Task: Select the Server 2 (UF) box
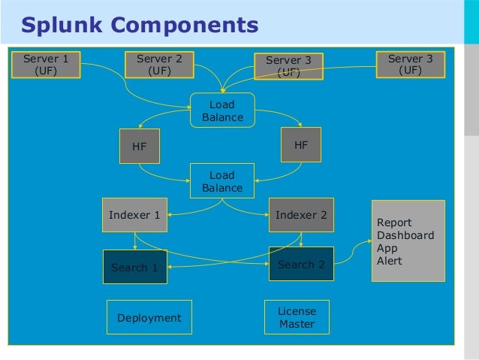pos(159,65)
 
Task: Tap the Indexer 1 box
pos(134,215)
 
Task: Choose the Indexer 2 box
pos(300,215)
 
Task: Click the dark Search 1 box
pos(134,267)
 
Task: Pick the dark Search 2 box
pos(300,265)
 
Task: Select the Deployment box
pos(149,318)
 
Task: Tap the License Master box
pos(297,318)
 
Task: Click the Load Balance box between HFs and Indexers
pos(222,181)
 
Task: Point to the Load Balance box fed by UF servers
pos(222,110)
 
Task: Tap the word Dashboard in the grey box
pos(405,235)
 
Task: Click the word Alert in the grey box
pos(390,261)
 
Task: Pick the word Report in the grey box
pos(394,222)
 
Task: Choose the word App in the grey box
pos(387,248)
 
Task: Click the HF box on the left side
pos(140,147)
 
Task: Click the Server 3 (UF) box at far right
pos(409,65)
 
